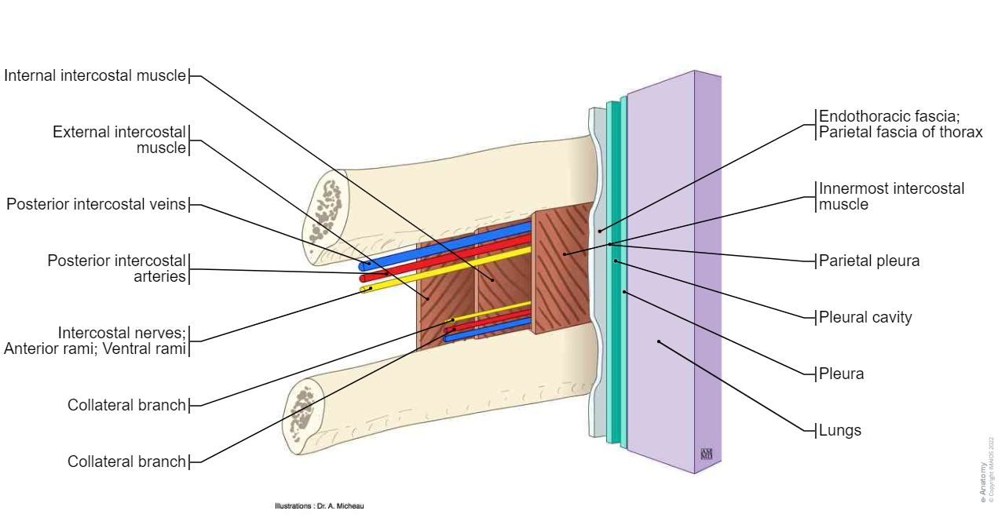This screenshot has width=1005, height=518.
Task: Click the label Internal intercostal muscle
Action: coord(95,76)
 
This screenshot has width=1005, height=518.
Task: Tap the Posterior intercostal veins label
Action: coord(97,205)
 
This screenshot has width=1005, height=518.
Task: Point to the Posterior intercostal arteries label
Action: coord(117,268)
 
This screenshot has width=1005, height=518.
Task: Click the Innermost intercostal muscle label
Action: coord(891,196)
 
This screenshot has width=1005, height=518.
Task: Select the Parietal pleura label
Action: coord(868,261)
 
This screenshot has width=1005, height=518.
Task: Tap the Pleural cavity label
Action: coord(865,318)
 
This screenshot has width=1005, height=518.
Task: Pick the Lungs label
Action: coord(839,431)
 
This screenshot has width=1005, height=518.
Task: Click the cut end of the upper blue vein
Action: coord(363,267)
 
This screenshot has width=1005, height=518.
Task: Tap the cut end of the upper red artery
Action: coord(363,279)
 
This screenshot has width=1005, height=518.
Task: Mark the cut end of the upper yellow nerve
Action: coord(364,290)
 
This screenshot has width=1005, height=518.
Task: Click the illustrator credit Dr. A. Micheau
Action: coord(320,506)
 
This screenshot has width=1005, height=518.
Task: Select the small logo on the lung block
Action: coord(706,454)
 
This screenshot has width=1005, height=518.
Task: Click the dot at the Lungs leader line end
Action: coord(659,341)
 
